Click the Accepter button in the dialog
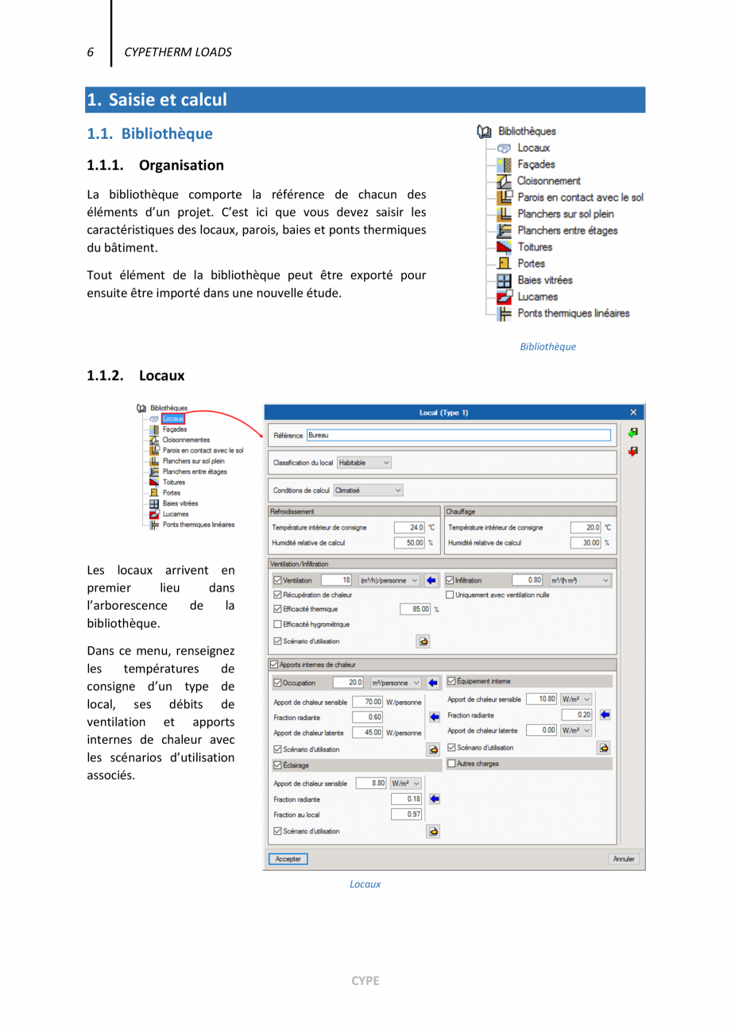288,859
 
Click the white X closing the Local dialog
633,412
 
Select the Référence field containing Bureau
458,435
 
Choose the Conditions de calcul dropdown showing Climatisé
369,491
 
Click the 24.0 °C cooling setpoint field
410,527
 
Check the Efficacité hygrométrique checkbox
277,624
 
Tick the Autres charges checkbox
452,764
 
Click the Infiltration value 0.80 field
528,580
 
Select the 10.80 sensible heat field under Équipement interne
541,699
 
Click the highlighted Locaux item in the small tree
173,418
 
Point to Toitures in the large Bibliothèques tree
535,247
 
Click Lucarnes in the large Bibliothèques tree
536,296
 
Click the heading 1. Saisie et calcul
157,100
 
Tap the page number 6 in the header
91,52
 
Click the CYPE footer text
365,980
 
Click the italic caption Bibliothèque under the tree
547,347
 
